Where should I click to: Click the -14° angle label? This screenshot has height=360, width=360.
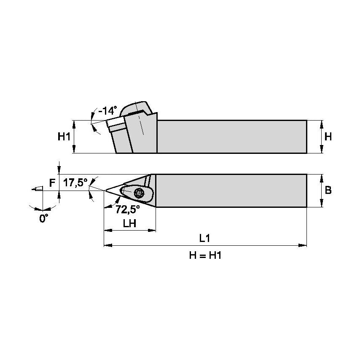pos(107,111)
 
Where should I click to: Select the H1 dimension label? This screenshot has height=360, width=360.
pos(64,137)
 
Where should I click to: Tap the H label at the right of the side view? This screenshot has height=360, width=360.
pos(328,137)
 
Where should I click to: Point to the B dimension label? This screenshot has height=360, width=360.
pos(328,190)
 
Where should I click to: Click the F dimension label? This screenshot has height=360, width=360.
pos(52,183)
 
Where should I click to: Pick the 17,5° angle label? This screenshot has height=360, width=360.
pos(75,183)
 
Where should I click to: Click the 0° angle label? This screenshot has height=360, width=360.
pos(44,219)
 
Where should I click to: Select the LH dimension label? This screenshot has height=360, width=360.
pos(129,224)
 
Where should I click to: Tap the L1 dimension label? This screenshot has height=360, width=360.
pos(205,238)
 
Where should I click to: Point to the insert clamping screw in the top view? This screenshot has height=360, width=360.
pos(139,193)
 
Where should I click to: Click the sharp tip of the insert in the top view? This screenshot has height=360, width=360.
pos(105,191)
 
